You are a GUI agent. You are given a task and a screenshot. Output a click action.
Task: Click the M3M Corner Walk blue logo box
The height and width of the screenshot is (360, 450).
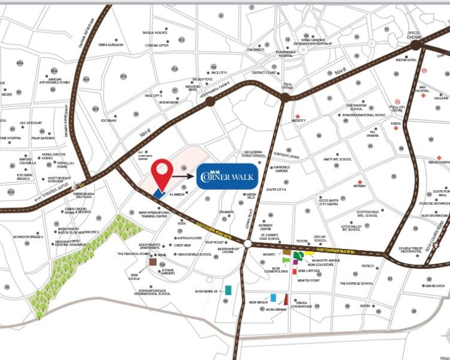coord(228,176)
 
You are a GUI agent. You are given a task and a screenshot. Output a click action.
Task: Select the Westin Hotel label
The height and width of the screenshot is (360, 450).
coord(406,60)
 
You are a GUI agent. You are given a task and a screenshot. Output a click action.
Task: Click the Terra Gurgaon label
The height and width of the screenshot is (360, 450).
coord(111,45)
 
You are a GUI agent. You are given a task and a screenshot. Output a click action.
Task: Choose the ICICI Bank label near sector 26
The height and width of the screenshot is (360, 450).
coord(109,120)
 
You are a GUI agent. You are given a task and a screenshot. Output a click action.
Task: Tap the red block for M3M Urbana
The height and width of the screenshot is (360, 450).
coord(286,299)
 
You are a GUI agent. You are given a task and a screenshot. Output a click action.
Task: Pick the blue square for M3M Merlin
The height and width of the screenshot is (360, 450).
coord(274,297)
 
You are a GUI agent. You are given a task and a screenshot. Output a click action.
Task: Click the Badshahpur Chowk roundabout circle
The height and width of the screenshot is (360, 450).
coord(247,243)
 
